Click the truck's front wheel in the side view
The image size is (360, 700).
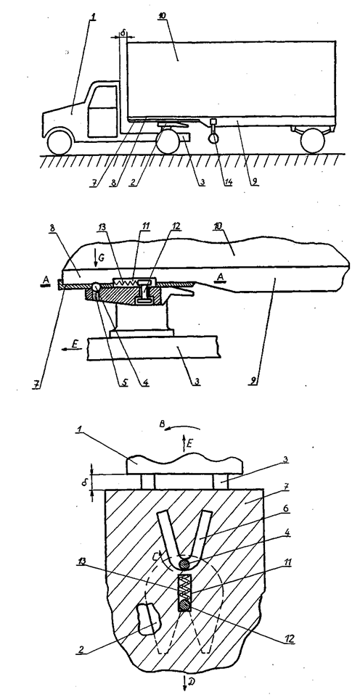(x=60, y=141)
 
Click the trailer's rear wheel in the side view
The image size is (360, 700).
(x=312, y=141)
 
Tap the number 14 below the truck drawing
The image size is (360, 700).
(x=228, y=181)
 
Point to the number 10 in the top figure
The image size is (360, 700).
(x=163, y=16)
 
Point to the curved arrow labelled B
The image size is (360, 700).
(x=183, y=428)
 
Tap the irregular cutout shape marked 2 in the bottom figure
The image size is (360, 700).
(x=146, y=618)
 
